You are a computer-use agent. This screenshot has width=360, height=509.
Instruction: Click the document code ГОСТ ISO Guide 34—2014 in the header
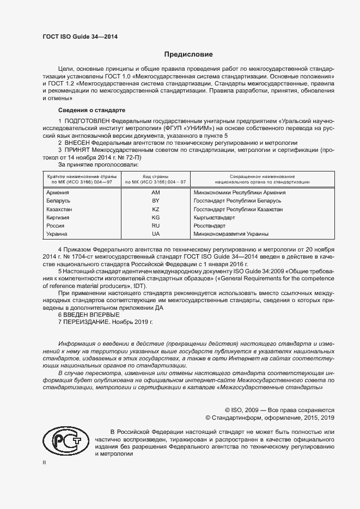click(x=80, y=37)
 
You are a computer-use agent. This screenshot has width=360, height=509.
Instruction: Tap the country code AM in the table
click(x=155, y=193)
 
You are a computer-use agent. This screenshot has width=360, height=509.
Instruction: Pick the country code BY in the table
click(x=155, y=201)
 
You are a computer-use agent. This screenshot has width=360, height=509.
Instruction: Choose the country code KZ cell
click(x=155, y=209)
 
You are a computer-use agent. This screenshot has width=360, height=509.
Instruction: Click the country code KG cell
click(x=155, y=217)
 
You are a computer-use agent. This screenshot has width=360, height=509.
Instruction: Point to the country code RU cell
click(x=155, y=225)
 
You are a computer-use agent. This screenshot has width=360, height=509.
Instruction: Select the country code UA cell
click(x=155, y=234)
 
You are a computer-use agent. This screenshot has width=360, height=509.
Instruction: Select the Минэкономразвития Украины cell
click(x=231, y=234)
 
